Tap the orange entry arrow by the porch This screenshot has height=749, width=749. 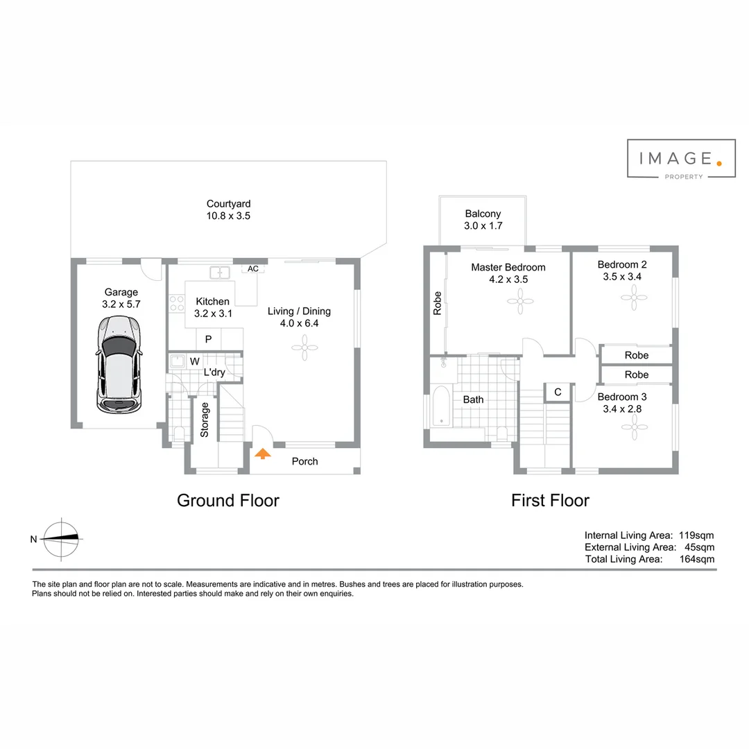pyautogui.click(x=262, y=454)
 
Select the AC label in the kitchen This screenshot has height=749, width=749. pyautogui.click(x=252, y=268)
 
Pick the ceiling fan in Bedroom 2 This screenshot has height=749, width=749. pyautogui.click(x=633, y=298)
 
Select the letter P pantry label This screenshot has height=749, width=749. pyautogui.click(x=208, y=339)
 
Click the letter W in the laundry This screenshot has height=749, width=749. pyautogui.click(x=194, y=361)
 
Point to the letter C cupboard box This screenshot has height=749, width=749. pyautogui.click(x=558, y=393)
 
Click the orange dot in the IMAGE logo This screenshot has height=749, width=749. pyautogui.click(x=718, y=164)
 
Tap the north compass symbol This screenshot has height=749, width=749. pyautogui.click(x=62, y=538)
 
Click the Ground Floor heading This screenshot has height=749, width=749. pyautogui.click(x=228, y=500)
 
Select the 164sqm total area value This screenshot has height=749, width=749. pyautogui.click(x=697, y=559)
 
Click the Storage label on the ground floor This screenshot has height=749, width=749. pyautogui.click(x=205, y=420)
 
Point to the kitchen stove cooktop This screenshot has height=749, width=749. pyautogui.click(x=176, y=303)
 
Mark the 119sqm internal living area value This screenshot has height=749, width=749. pyautogui.click(x=697, y=535)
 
